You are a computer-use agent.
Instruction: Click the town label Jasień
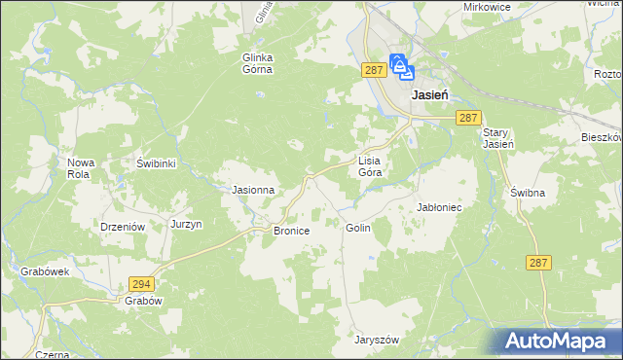pyautogui.click(x=429, y=95)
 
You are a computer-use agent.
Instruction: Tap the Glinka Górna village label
pyautogui.click(x=258, y=63)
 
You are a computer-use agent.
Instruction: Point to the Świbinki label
pyautogui.click(x=156, y=163)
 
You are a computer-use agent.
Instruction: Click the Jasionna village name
pyautogui.click(x=252, y=190)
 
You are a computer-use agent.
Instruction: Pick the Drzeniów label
pyautogui.click(x=123, y=226)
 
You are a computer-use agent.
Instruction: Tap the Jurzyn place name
pyautogui.click(x=186, y=224)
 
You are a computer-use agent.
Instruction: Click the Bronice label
pyautogui.click(x=291, y=231)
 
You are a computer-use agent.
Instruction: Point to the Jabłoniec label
pyautogui.click(x=439, y=207)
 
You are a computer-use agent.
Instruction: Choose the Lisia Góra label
pyautogui.click(x=371, y=165)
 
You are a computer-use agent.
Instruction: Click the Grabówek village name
pyautogui.click(x=44, y=272)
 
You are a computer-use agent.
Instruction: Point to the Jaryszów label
pyautogui.click(x=377, y=341)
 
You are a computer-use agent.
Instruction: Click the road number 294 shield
pyautogui.click(x=140, y=283)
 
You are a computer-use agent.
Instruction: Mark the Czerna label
pyautogui.click(x=52, y=355)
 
